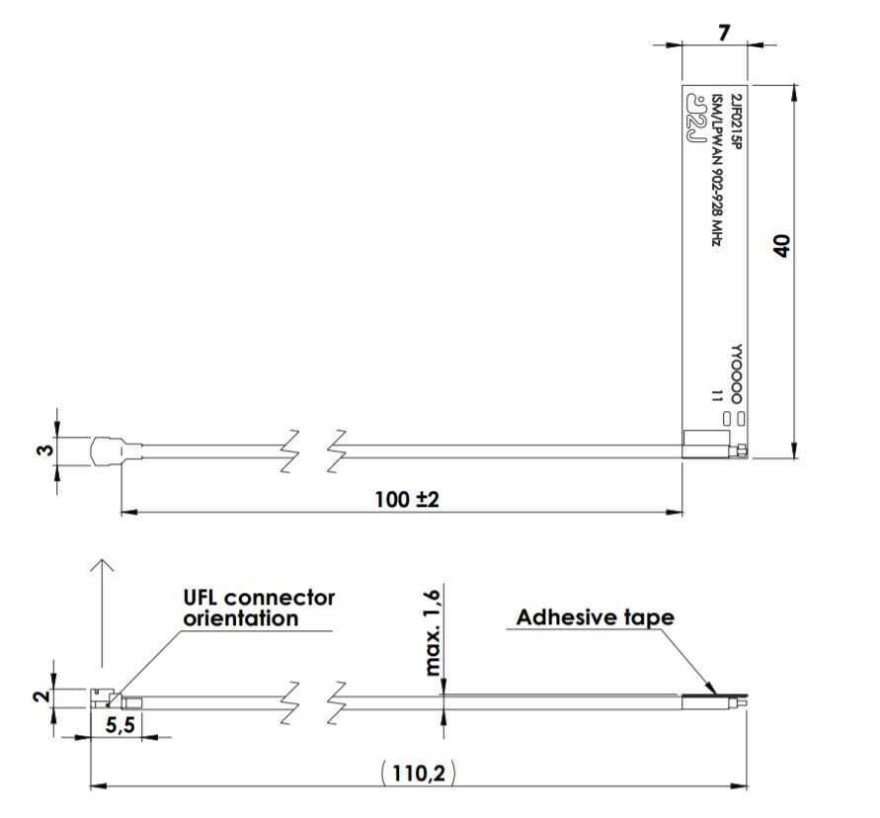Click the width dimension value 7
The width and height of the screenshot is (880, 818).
click(x=724, y=33)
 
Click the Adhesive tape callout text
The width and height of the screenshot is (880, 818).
click(x=596, y=618)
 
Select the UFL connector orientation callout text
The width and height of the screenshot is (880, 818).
click(x=259, y=609)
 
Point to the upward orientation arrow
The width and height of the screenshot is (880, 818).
click(x=101, y=613)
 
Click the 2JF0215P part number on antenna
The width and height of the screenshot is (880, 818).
click(x=735, y=120)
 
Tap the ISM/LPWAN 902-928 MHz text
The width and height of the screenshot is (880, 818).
click(x=718, y=168)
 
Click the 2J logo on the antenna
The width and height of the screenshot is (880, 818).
click(x=696, y=123)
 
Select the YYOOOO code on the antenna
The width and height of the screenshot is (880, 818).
click(x=735, y=374)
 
